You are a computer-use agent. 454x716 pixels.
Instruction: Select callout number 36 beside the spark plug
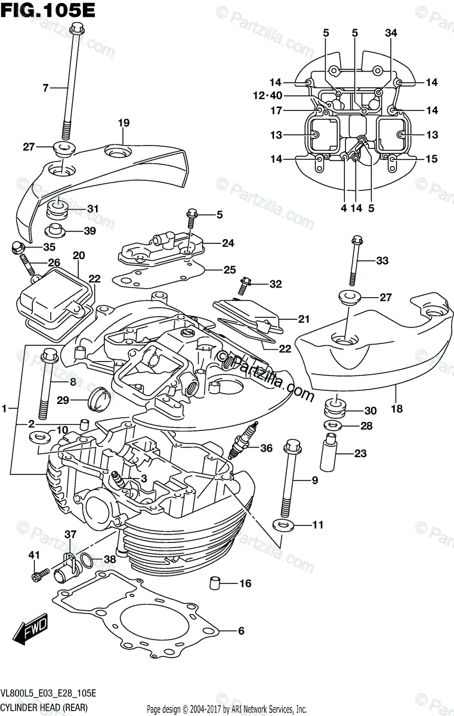tap(267, 448)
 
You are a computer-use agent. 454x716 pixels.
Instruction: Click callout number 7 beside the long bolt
tap(45, 88)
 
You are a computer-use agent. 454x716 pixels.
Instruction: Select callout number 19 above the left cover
tap(123, 124)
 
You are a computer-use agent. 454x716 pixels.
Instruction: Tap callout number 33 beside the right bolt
tap(382, 260)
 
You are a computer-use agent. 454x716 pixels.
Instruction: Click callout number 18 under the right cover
tap(397, 409)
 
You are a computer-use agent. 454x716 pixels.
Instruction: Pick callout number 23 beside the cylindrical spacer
tap(360, 453)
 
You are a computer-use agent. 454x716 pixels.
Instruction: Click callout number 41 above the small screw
tap(34, 556)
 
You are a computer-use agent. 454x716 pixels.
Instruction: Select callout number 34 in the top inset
tap(391, 33)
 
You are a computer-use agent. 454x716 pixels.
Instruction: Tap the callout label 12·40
tap(267, 95)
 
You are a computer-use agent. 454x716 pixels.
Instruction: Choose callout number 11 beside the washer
tap(317, 525)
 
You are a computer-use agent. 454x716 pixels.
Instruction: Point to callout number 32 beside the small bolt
tap(275, 285)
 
